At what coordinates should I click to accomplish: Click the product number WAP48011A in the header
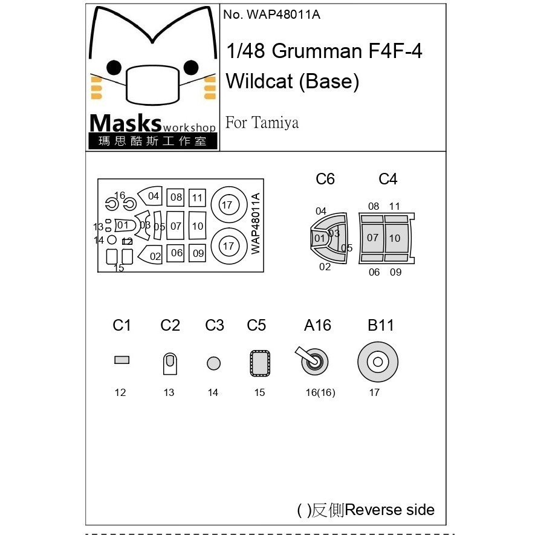coord(284,15)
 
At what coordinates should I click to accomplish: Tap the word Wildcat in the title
coord(259,81)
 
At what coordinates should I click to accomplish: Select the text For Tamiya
coord(262,123)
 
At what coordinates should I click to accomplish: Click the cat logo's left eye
coord(114,68)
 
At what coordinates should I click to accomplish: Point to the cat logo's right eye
coord(191,68)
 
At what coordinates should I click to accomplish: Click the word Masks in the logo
coord(125,123)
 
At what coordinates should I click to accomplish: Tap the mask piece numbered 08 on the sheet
coord(175,197)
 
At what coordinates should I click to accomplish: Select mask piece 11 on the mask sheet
coord(197,198)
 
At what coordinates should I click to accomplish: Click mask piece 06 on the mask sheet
coord(175,253)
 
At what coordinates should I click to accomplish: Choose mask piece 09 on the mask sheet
coord(197,253)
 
